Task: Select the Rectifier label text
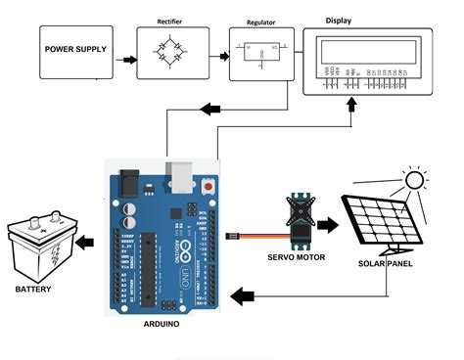(x=170, y=21)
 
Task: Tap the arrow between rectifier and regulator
(x=218, y=60)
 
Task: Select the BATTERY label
(x=33, y=291)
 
